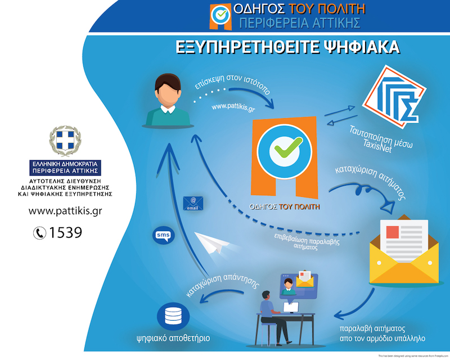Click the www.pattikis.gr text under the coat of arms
pyautogui.click(x=65, y=211)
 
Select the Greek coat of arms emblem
pyautogui.click(x=65, y=143)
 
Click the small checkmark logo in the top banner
pyautogui.click(x=220, y=15)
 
